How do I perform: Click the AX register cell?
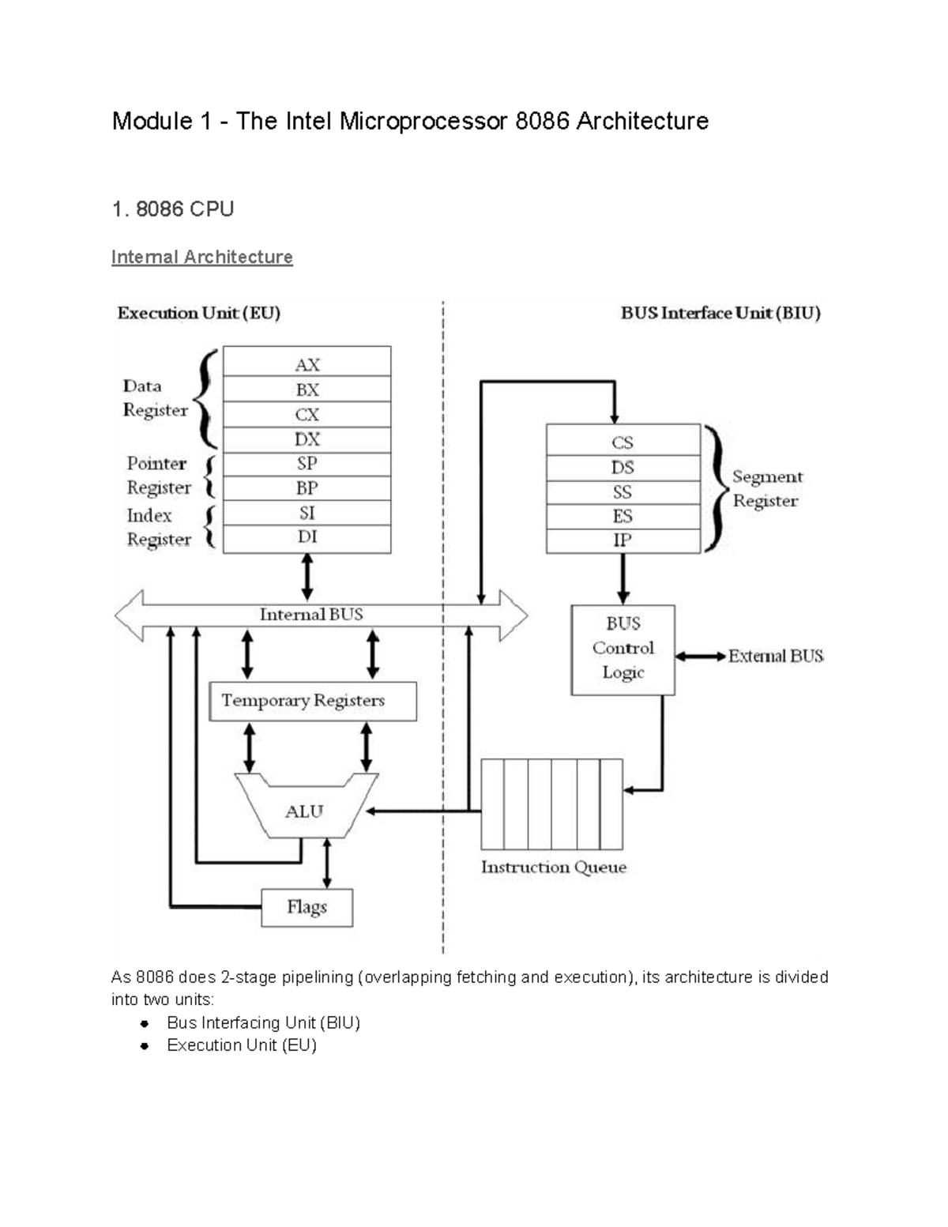(307, 363)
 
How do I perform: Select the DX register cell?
(307, 439)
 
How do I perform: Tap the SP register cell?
(307, 464)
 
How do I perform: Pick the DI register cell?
(307, 537)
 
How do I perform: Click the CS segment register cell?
(623, 442)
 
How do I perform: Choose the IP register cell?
(623, 540)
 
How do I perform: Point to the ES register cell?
(623, 516)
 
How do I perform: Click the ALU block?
(305, 811)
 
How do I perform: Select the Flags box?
(307, 907)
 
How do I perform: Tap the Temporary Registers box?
(312, 701)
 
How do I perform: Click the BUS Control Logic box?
(623, 649)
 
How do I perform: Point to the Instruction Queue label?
(553, 867)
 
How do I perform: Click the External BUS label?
(776, 656)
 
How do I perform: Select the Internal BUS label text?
(311, 614)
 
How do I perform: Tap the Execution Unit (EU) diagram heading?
(198, 313)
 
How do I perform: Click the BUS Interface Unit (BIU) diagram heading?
(720, 313)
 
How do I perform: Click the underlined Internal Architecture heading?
(201, 257)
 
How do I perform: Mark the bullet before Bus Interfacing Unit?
(145, 1023)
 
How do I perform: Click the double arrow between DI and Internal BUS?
(307, 577)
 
